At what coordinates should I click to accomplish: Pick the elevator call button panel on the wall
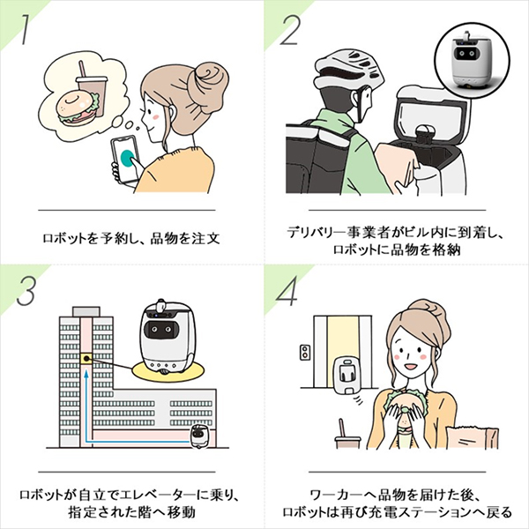304,353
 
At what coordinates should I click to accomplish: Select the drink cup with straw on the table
345,432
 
